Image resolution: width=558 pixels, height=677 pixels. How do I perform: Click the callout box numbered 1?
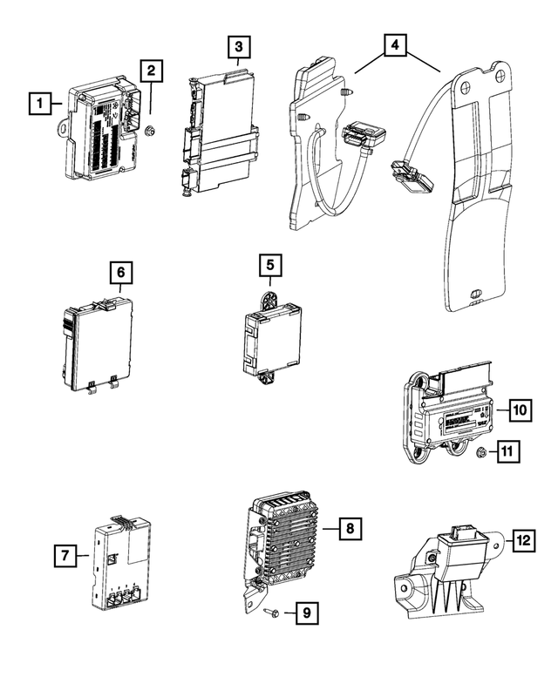point(38,104)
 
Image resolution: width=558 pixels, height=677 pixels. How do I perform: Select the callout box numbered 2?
point(152,71)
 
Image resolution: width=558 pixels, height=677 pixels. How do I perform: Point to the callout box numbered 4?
point(395,45)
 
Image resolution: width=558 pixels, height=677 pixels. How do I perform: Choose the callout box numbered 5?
point(269,263)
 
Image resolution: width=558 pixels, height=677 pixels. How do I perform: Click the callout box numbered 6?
point(121,273)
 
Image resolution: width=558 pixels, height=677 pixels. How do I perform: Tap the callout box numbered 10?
point(519,409)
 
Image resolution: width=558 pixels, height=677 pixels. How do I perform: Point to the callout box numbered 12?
point(523,542)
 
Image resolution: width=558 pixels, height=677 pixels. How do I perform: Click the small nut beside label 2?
point(149,132)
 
